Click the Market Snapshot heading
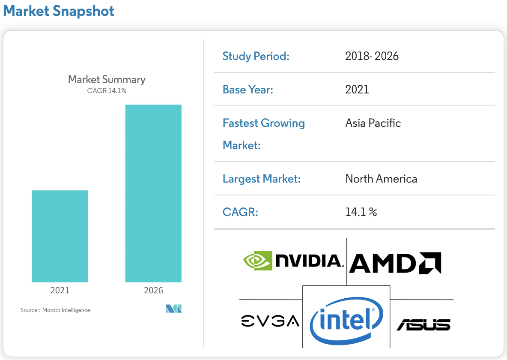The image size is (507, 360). tap(59, 11)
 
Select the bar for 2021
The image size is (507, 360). tap(60, 236)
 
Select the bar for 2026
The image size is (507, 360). tap(153, 193)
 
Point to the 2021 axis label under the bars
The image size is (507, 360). tap(60, 290)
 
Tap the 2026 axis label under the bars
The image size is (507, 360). tap(153, 290)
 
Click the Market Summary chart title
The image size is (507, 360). tap(107, 79)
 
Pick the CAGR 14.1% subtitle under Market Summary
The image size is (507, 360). tap(107, 91)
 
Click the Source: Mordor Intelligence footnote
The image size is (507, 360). tap(55, 310)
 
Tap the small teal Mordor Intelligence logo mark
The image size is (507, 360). tap(173, 309)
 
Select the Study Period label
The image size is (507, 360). tap(256, 56)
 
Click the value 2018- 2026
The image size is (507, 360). tap(372, 56)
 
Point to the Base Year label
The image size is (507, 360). tap(248, 90)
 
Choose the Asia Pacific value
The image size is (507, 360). tap(373, 123)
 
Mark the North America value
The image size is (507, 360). tap(381, 179)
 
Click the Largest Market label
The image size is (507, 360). tap(262, 179)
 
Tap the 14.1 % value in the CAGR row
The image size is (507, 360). tap(361, 212)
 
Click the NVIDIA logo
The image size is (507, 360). tap(293, 261)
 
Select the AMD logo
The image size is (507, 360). tap(395, 263)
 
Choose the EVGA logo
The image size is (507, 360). tap(270, 321)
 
